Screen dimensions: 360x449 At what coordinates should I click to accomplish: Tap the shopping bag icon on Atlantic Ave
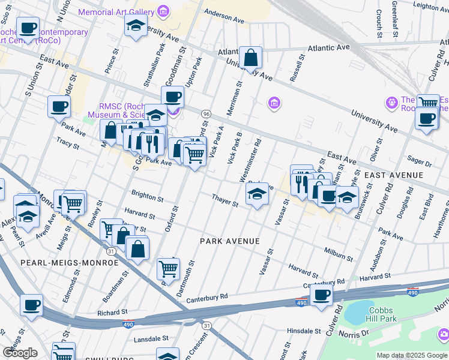pyautogui.click(x=251, y=58)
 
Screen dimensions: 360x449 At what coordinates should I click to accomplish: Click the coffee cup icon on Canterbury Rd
pyautogui.click(x=322, y=295)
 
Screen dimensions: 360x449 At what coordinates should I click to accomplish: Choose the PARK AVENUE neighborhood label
pyautogui.click(x=230, y=241)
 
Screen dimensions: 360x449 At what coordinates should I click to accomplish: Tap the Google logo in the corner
pyautogui.click(x=20, y=352)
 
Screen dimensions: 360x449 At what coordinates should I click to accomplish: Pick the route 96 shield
pyautogui.click(x=206, y=113)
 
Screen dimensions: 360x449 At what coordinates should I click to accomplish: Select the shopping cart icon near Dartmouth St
pyautogui.click(x=169, y=268)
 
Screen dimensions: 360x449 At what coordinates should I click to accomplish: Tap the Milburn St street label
pyautogui.click(x=337, y=252)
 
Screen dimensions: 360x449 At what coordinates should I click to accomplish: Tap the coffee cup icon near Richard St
pyautogui.click(x=32, y=305)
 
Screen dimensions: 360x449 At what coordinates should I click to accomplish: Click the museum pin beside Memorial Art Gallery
pyautogui.click(x=163, y=11)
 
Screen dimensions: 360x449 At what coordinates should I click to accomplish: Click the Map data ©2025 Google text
pyautogui.click(x=412, y=355)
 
